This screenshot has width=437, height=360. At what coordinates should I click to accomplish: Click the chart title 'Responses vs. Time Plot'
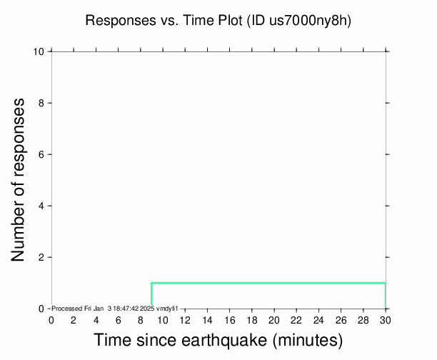164,21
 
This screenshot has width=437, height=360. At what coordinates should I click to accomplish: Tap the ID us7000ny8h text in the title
299,21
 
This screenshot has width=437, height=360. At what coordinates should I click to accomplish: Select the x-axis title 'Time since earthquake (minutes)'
218,340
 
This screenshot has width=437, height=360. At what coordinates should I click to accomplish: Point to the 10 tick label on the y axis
39,51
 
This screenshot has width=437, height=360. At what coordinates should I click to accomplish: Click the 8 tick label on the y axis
41,103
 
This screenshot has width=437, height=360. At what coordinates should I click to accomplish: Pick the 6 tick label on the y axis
41,154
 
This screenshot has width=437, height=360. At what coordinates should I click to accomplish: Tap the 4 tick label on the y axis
41,206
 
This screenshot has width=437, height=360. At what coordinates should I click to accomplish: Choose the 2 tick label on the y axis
41,257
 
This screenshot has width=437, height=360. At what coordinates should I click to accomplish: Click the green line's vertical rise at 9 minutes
151,296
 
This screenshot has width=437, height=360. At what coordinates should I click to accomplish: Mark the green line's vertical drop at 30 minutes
386,296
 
